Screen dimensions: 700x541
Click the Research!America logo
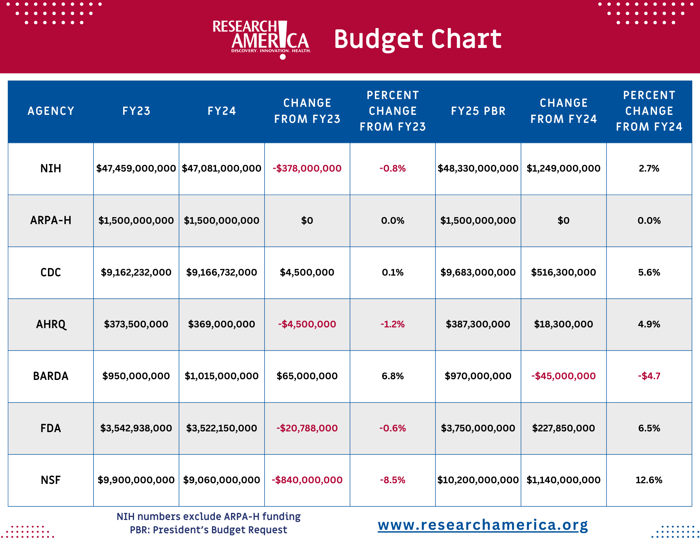click(x=261, y=40)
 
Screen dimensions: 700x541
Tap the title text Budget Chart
click(x=418, y=39)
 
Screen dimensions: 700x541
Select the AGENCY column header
click(x=51, y=111)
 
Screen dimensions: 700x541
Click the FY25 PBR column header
click(x=478, y=111)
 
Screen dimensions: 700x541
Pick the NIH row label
click(x=51, y=168)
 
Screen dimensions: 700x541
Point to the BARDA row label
click(x=51, y=376)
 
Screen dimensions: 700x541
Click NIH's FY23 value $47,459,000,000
click(x=136, y=168)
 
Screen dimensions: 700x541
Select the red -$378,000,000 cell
click(x=307, y=168)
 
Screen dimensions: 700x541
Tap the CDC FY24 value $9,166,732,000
click(x=222, y=272)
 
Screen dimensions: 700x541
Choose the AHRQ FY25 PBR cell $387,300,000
click(x=478, y=324)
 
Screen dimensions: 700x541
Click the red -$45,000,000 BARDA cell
click(x=563, y=376)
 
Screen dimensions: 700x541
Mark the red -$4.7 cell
click(x=649, y=376)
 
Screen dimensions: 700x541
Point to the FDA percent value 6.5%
click(x=649, y=428)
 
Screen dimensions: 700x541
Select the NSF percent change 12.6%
click(x=649, y=480)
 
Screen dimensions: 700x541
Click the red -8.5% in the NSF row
click(x=393, y=480)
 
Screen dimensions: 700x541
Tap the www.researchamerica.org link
click(x=483, y=525)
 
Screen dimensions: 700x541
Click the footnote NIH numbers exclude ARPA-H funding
click(x=209, y=516)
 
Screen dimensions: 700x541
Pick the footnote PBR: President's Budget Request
click(x=209, y=530)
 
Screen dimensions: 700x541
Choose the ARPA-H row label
click(x=51, y=220)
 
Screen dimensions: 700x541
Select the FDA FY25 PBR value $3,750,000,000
click(x=478, y=428)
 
